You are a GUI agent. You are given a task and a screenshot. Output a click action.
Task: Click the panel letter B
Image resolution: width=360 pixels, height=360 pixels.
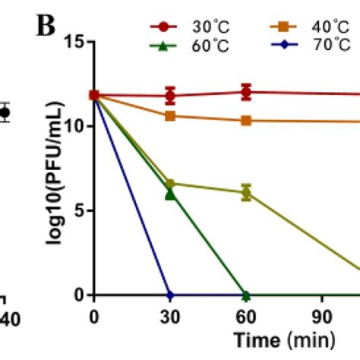[x=48, y=27]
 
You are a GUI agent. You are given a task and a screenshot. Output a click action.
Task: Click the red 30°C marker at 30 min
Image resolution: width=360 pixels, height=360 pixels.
[x=170, y=96]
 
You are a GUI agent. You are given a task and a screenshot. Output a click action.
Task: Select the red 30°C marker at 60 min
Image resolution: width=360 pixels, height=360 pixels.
[x=245, y=92]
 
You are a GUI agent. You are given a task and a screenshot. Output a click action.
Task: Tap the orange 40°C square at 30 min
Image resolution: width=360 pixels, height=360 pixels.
[x=170, y=115]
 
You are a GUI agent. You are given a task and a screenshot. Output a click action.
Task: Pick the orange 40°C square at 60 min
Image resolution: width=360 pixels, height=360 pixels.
[x=245, y=120]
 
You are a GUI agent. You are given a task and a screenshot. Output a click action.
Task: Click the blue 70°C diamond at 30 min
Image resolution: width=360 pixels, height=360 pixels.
[x=170, y=295]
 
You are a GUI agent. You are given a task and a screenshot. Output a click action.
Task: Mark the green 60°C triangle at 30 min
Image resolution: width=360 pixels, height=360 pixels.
[x=170, y=194]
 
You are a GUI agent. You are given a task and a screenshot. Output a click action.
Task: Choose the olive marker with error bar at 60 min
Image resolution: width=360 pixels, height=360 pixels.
[x=245, y=192]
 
